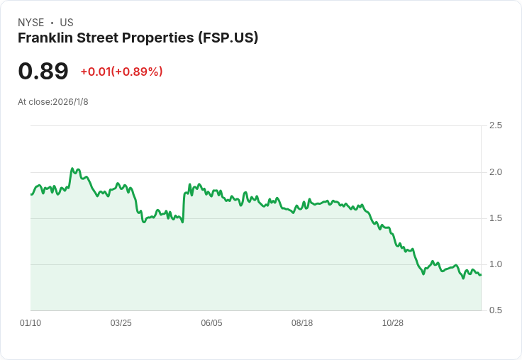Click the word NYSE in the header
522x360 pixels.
coord(30,22)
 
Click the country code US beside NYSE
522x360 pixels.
coord(67,22)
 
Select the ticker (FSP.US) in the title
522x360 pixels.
coord(228,38)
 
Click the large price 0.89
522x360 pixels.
coord(43,71)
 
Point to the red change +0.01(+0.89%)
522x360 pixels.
coord(121,72)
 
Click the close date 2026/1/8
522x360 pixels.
coord(70,102)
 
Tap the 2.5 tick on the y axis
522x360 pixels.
coord(496,125)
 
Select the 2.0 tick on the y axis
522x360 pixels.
coord(496,171)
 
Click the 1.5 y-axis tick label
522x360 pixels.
coord(496,218)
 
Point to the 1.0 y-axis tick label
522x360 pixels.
coord(496,264)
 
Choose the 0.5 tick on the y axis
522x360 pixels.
coord(496,310)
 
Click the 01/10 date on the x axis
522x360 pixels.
coord(30,323)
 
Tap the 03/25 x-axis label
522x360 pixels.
coord(121,323)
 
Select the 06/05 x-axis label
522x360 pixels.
coord(211,323)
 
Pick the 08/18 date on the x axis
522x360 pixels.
coord(302,323)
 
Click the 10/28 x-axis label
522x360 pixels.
coord(393,323)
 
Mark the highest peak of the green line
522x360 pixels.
coord(72,169)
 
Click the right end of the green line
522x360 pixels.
coord(480,275)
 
